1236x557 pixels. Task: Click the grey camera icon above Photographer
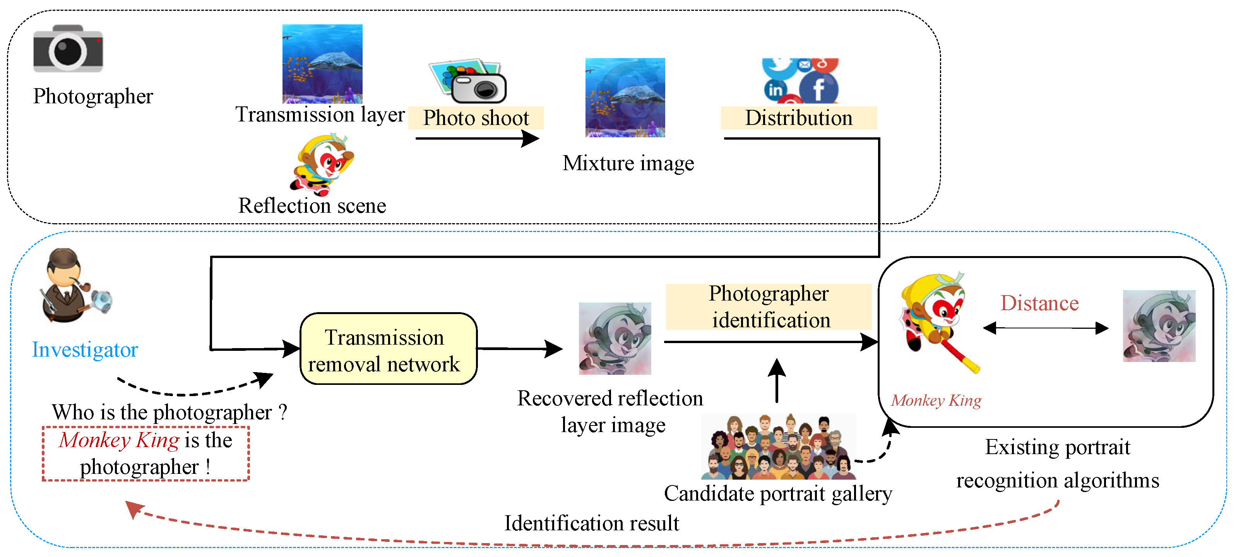[68, 49]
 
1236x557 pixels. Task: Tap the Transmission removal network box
[388, 349]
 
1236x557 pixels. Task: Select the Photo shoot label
[476, 118]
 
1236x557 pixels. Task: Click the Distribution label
[798, 118]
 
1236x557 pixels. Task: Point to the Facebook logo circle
[818, 88]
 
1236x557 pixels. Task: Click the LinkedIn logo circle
[775, 90]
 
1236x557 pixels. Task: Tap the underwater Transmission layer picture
[322, 64]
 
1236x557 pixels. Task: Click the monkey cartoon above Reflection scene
[322, 164]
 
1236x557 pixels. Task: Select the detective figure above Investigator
[72, 286]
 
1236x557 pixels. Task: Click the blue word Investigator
[85, 350]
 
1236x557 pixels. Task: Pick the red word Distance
[1039, 303]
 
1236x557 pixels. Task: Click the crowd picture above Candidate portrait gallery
[778, 447]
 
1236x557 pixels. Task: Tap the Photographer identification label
[769, 307]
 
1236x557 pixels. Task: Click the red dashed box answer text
[146, 453]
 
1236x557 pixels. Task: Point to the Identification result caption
[591, 523]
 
